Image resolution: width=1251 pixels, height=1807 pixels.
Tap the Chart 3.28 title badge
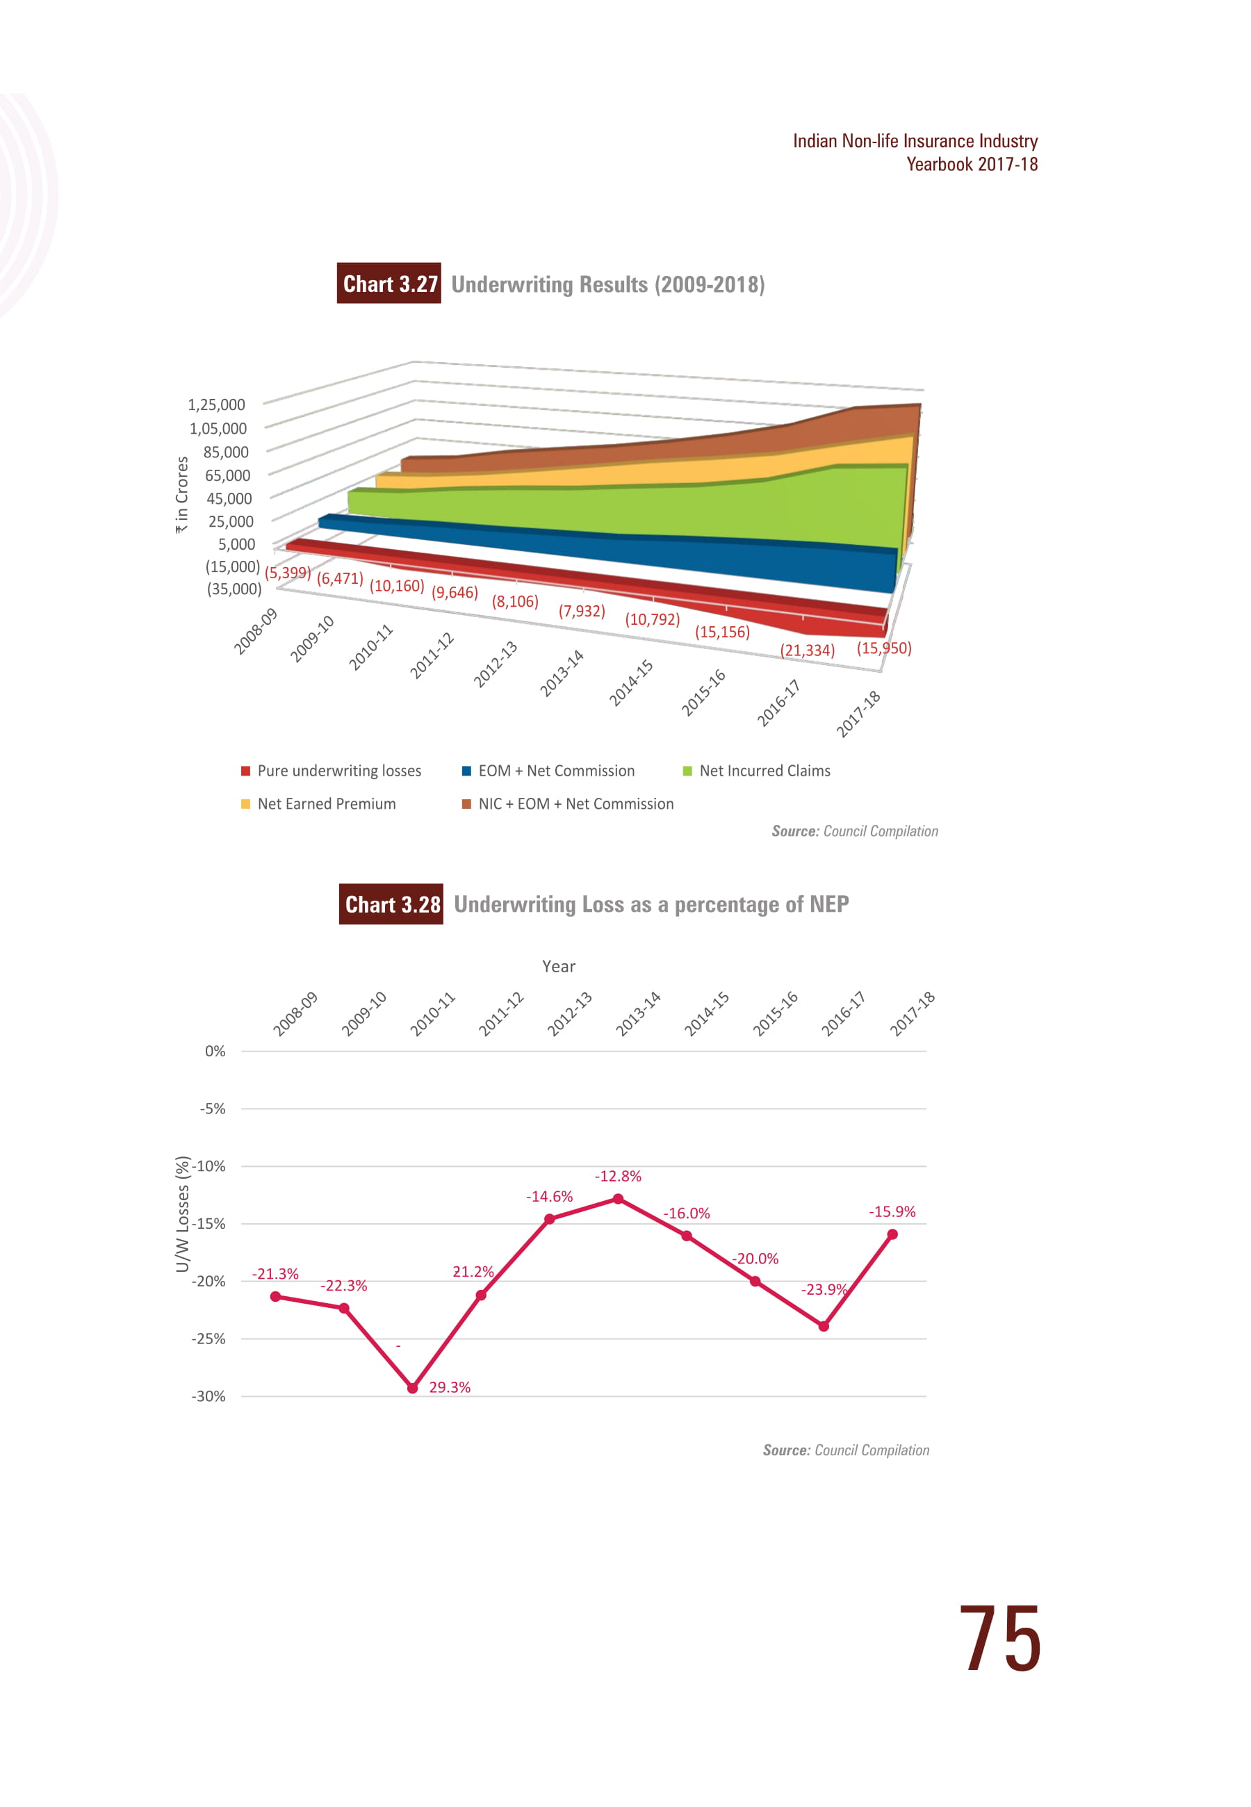pos(391,904)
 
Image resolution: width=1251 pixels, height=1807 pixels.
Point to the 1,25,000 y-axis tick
pos(216,405)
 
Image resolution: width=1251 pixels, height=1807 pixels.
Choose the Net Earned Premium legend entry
pos(318,804)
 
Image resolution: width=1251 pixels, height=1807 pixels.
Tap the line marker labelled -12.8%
pos(619,1199)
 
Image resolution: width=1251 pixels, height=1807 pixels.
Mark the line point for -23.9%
pos(824,1326)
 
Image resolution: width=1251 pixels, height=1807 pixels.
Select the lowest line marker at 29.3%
pos(413,1388)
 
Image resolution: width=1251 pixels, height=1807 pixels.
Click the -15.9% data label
pos(892,1211)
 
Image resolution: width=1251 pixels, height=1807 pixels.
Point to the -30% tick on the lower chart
pos(208,1396)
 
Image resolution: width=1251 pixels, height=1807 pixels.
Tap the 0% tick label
pos(215,1052)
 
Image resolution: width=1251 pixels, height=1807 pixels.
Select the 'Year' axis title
pos(559,967)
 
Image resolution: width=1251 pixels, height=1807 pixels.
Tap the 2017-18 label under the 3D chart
pos(859,714)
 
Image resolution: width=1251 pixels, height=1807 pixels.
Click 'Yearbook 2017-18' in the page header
pos(972,165)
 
